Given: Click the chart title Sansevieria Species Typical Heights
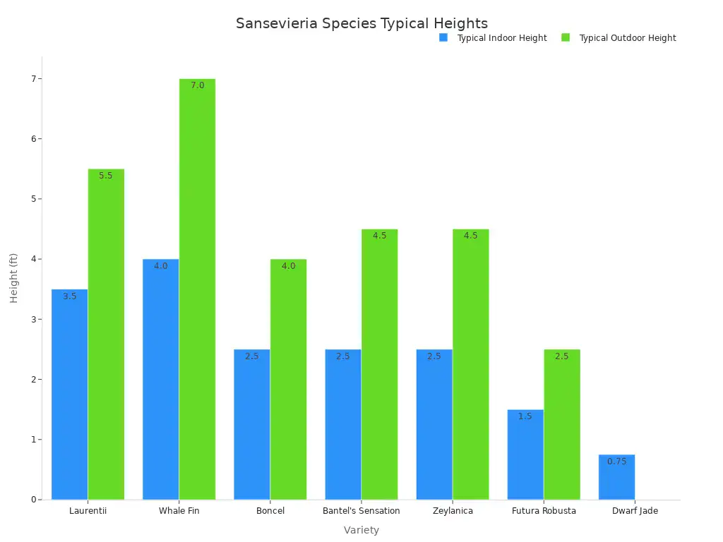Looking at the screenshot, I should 361,23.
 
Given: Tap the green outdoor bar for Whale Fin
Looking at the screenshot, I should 197,289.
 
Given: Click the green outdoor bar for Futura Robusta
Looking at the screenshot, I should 562,424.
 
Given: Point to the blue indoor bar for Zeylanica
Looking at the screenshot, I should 434,424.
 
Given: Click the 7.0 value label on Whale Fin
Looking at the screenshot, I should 197,85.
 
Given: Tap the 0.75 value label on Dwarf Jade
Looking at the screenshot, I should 616,462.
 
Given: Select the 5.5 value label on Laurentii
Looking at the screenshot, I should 106,176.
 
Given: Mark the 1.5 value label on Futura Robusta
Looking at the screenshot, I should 525,416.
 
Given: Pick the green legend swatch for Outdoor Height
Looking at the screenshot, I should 566,37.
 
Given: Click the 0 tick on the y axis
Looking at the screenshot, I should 33,500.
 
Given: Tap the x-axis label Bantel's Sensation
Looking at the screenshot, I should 361,511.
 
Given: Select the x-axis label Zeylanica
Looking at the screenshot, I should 453,511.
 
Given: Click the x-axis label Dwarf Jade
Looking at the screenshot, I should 635,511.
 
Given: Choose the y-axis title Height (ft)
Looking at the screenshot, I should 14,278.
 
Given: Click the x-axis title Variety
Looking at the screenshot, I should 361,530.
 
